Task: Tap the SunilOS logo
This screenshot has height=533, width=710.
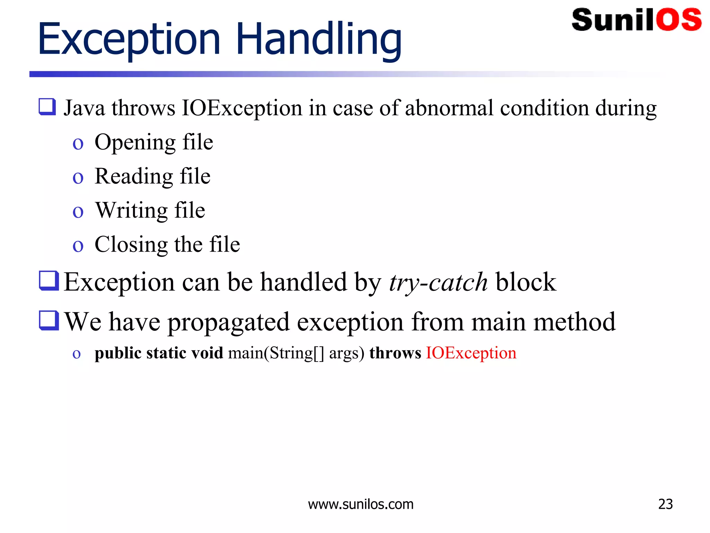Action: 637,20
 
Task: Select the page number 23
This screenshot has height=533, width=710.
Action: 665,504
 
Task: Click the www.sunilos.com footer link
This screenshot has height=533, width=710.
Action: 361,504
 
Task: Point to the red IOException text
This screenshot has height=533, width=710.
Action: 471,353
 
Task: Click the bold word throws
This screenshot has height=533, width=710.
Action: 395,353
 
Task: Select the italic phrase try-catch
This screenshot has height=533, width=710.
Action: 438,282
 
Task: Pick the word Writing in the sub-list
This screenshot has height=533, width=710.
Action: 131,210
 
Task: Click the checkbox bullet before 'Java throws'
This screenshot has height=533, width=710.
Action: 47,107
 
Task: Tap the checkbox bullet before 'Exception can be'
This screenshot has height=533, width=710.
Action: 49,280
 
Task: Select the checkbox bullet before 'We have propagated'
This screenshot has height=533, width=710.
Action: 49,320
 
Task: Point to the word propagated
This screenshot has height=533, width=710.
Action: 228,322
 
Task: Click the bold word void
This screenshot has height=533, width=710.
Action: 207,353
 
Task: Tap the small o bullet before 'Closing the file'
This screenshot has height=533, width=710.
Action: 78,246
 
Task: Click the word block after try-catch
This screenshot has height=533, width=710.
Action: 526,282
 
